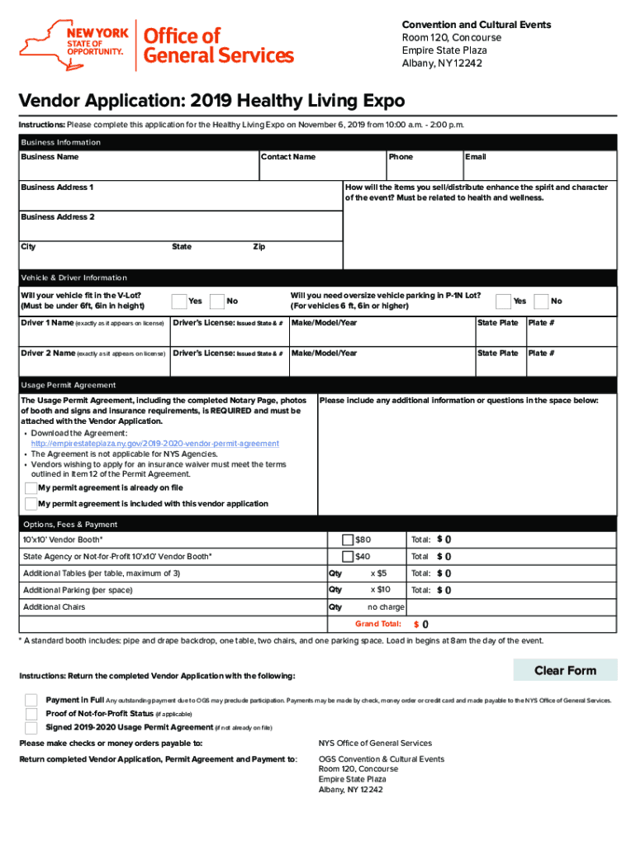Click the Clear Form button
click(565, 670)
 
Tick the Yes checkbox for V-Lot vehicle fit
click(178, 301)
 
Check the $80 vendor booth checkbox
click(348, 539)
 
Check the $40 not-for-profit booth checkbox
click(348, 557)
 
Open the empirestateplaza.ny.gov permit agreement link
click(154, 444)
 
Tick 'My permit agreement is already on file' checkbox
click(31, 487)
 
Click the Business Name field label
click(50, 157)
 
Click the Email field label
click(475, 157)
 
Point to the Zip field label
click(259, 247)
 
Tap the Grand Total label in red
click(377, 624)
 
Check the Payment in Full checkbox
click(31, 700)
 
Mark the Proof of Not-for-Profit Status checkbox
click(31, 714)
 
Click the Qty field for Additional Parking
click(335, 590)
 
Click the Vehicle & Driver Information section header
click(74, 278)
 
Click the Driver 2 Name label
click(48, 354)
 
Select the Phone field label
click(401, 157)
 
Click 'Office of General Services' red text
click(218, 45)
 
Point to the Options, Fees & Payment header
click(70, 525)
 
